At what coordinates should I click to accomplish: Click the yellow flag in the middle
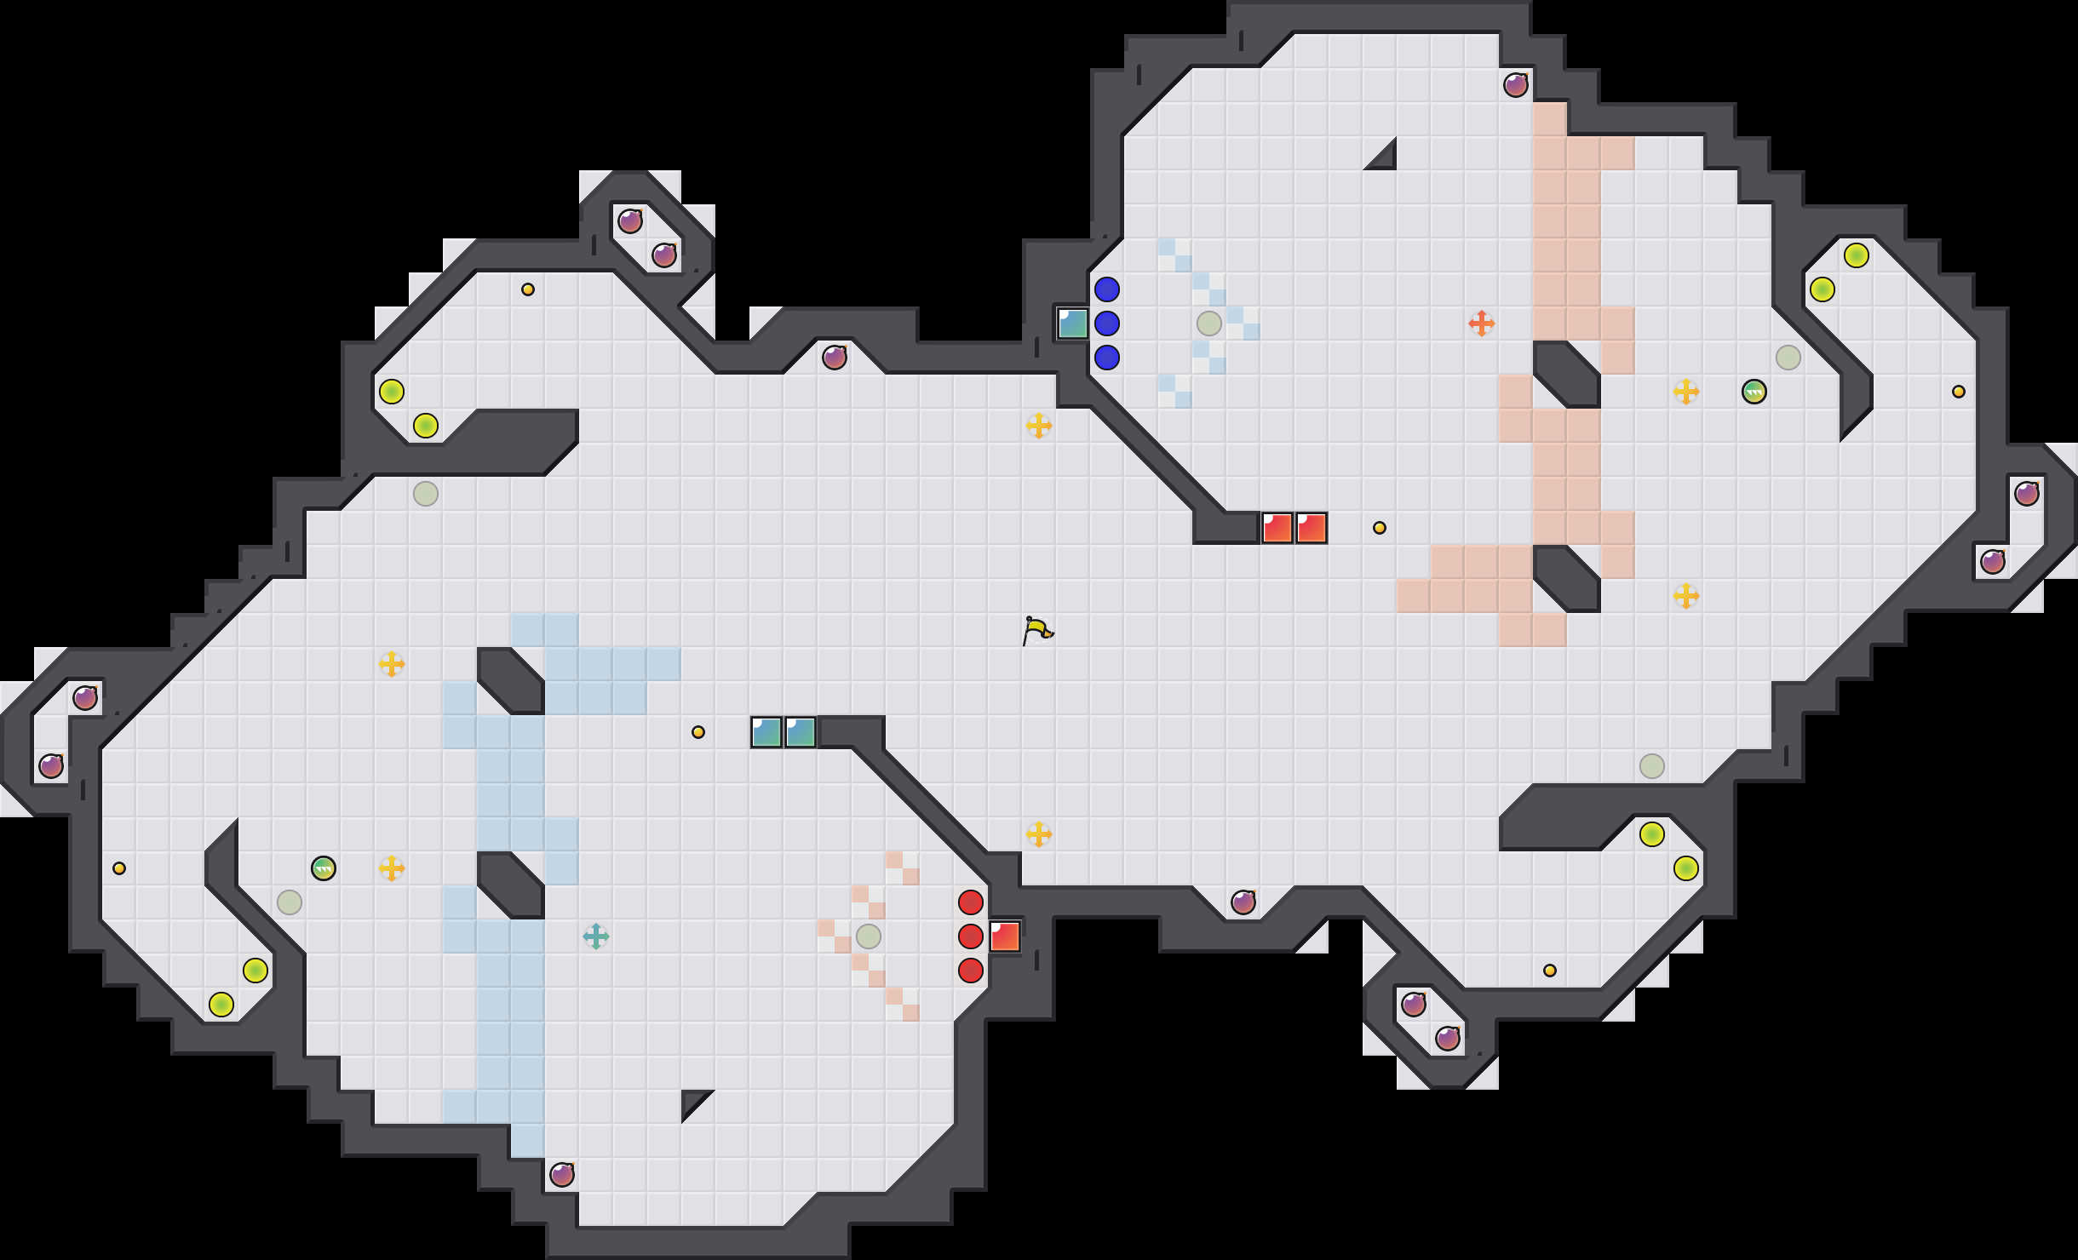click(1037, 630)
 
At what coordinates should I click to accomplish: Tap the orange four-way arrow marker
click(1482, 324)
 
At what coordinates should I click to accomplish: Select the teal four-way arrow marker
click(596, 936)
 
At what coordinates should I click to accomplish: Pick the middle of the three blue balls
click(1107, 324)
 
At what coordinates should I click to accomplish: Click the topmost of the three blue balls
click(1107, 289)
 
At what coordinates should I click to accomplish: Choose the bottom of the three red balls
click(971, 971)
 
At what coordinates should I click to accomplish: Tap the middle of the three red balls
click(971, 936)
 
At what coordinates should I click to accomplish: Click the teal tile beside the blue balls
click(1073, 324)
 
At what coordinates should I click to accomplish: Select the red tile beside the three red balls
click(1005, 936)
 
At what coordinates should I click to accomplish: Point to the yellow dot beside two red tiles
click(1380, 528)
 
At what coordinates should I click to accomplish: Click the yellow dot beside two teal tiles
click(698, 732)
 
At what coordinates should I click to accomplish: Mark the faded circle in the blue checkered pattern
click(1209, 324)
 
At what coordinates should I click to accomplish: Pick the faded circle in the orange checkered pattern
click(869, 936)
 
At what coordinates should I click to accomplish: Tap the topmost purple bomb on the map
click(1516, 85)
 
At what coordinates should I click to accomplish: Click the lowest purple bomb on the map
click(562, 1175)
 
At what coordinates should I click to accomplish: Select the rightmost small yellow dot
click(1959, 392)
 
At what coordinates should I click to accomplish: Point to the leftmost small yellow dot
click(119, 868)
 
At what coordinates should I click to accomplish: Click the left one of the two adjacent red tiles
click(1277, 528)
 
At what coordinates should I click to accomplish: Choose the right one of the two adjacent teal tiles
click(801, 732)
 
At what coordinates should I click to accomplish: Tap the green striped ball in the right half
click(1754, 392)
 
